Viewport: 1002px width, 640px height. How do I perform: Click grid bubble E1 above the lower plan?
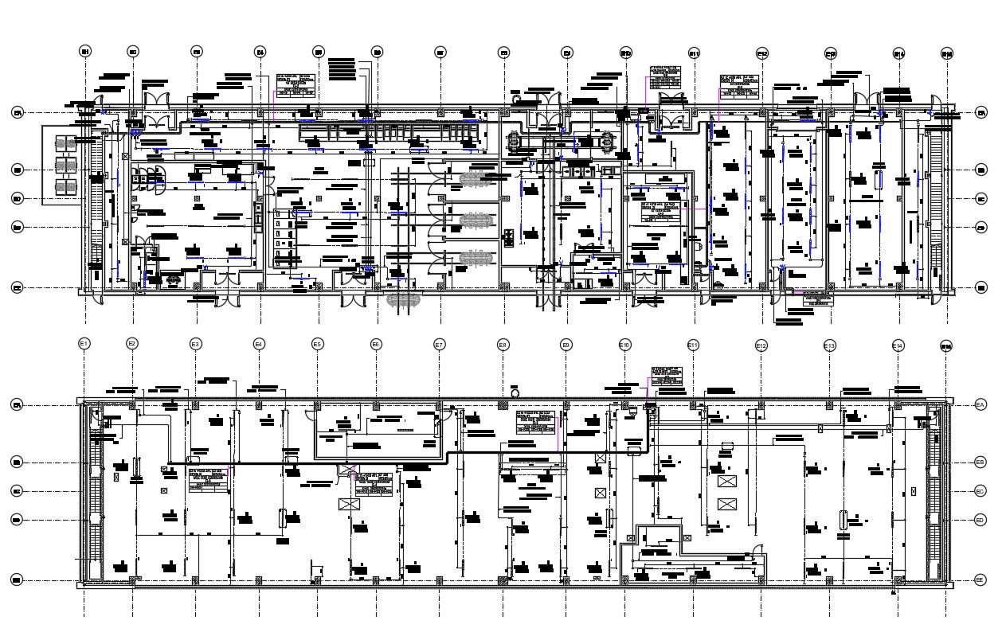pos(84,344)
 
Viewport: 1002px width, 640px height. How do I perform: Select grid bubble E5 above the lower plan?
pos(318,344)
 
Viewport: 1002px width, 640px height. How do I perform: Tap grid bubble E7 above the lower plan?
pos(439,345)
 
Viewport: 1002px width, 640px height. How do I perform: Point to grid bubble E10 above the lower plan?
pos(625,345)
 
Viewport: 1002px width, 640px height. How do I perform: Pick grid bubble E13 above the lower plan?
pos(830,345)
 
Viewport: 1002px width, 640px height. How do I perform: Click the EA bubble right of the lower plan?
pos(980,405)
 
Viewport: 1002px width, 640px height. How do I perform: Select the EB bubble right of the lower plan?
pos(980,462)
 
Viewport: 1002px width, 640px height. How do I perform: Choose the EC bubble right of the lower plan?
pos(980,491)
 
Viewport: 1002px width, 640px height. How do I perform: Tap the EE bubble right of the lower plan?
pos(980,581)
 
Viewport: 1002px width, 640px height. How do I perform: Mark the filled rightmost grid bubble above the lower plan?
pos(947,345)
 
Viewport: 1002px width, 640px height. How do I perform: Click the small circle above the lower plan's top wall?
pos(515,392)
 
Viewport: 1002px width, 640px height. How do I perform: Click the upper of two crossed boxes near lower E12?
pos(726,482)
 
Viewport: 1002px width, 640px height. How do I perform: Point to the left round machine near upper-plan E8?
pos(514,142)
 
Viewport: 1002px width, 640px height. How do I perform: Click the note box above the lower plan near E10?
pos(667,376)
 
